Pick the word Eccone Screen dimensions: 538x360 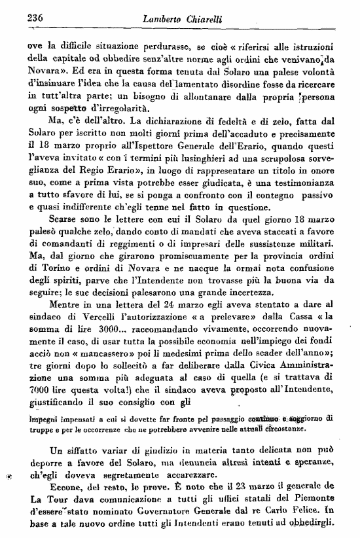click(x=66, y=485)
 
